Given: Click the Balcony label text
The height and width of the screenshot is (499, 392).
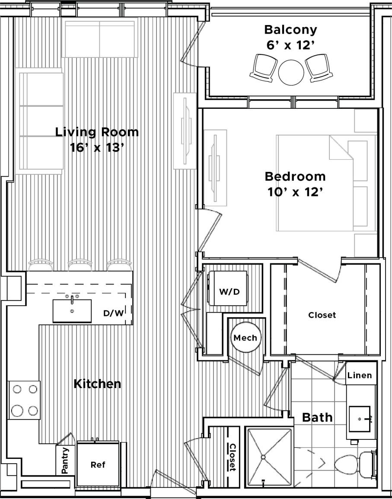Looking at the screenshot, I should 290,30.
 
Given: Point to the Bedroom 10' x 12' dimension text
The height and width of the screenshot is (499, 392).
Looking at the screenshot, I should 295,191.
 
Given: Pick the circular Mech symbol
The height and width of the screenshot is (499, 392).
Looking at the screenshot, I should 245,338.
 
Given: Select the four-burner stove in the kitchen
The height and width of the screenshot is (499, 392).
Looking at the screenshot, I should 24,400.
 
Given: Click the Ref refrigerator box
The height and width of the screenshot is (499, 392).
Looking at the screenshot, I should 98,464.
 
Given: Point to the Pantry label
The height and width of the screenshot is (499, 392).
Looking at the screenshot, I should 65,461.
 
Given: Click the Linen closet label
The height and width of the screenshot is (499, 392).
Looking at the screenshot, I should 360,375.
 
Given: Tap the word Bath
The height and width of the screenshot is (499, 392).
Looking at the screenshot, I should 317,417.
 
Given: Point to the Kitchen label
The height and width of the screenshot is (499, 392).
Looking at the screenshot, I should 97,383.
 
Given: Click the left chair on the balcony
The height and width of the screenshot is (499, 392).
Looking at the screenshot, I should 264,67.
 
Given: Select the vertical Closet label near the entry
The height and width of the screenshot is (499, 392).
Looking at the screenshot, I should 232,458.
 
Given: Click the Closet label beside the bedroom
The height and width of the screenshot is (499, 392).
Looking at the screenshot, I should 322,315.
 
